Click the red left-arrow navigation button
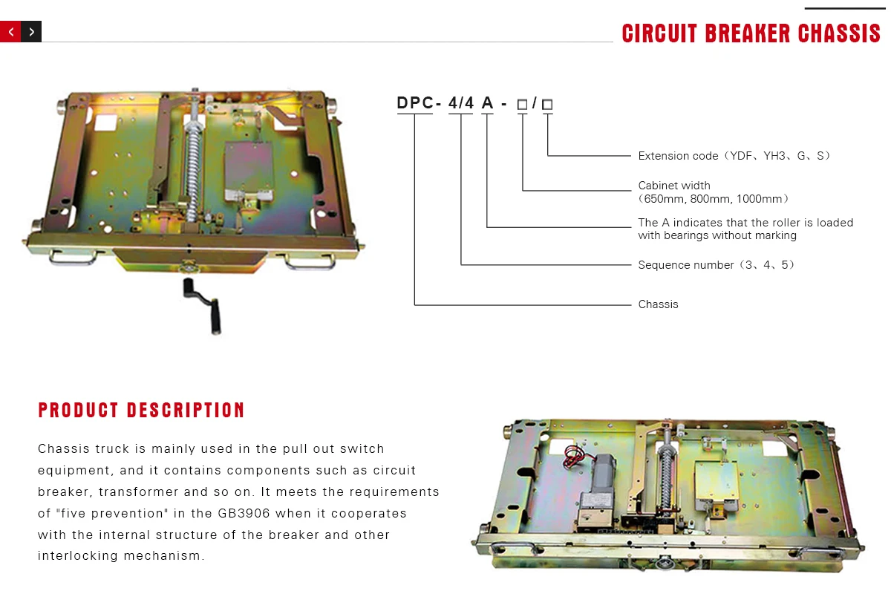point(10,32)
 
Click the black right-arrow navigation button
point(31,32)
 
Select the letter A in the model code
point(487,104)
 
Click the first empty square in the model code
point(522,105)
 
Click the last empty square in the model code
point(547,105)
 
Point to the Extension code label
point(678,156)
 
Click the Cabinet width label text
point(674,186)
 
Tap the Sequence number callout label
point(686,265)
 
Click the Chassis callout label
point(658,304)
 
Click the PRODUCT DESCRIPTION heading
point(142,410)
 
